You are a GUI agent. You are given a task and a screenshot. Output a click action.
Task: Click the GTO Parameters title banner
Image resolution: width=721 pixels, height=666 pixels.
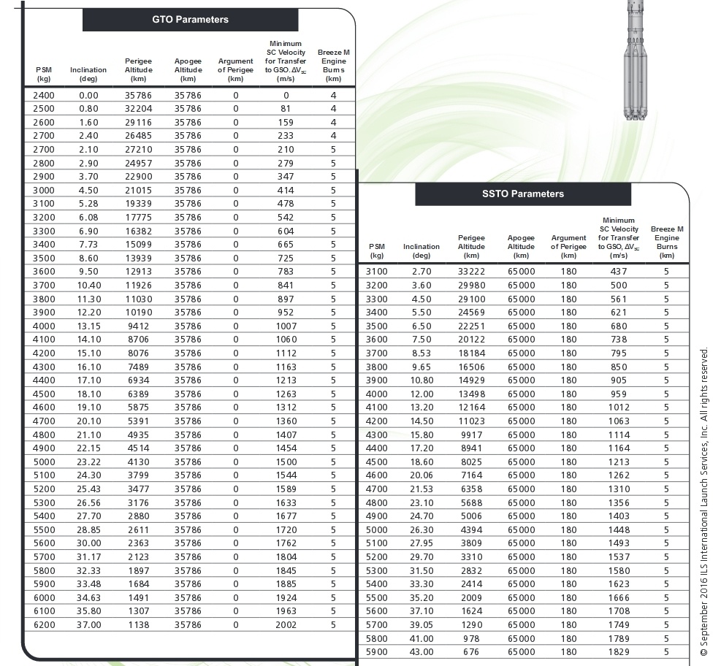(190, 20)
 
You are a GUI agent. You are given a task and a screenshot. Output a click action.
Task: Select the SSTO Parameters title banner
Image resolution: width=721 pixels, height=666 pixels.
(523, 194)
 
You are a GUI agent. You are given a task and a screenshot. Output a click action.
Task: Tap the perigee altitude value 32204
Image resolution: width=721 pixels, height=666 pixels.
(138, 109)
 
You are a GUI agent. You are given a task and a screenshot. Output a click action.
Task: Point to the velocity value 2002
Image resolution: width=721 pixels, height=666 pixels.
(286, 625)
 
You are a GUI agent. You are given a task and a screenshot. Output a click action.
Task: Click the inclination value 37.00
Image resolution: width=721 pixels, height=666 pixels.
(88, 625)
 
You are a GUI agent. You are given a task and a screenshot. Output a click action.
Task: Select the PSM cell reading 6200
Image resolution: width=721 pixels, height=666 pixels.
(44, 625)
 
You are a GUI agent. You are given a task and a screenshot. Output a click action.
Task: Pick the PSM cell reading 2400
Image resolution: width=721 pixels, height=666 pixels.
(44, 95)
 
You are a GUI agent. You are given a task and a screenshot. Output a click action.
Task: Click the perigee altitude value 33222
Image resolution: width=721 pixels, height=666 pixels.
(471, 272)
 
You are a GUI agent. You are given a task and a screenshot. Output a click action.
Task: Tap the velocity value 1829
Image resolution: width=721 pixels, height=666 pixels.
(618, 652)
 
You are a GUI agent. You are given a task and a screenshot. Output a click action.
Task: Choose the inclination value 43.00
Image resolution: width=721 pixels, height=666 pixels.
(421, 652)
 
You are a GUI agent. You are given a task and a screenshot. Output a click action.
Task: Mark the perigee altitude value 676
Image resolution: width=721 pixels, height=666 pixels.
(471, 652)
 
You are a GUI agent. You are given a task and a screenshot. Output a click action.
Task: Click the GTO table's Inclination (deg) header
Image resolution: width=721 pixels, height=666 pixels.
(88, 74)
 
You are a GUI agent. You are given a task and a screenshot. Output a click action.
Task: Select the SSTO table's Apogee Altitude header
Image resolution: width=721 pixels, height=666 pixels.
(521, 247)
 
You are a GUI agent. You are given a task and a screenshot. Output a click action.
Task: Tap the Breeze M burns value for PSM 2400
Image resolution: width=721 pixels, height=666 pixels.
(333, 95)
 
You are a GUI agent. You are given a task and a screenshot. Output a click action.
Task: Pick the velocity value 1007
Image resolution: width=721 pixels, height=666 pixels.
(286, 326)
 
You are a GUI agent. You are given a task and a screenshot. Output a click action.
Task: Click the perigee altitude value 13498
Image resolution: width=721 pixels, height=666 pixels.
(471, 394)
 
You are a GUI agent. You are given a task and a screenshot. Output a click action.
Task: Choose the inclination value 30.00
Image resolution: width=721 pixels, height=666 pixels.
(88, 543)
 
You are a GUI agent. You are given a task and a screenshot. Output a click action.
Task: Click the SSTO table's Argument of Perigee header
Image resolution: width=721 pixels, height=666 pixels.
(568, 247)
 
